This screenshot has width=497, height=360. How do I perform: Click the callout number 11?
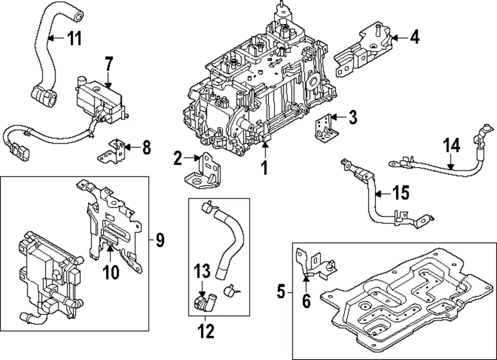[75, 38]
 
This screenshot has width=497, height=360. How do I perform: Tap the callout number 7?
[109, 64]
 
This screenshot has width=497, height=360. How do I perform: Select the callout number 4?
[414, 37]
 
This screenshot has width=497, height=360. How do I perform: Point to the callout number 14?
[451, 146]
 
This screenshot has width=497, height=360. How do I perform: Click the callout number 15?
[401, 192]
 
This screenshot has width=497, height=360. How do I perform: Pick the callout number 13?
[202, 271]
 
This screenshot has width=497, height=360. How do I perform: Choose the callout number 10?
[111, 272]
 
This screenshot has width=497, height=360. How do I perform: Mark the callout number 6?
[306, 301]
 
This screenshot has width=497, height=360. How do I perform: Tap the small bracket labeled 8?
[113, 151]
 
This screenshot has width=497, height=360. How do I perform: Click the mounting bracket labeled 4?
[364, 51]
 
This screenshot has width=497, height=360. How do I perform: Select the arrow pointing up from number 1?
[265, 150]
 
